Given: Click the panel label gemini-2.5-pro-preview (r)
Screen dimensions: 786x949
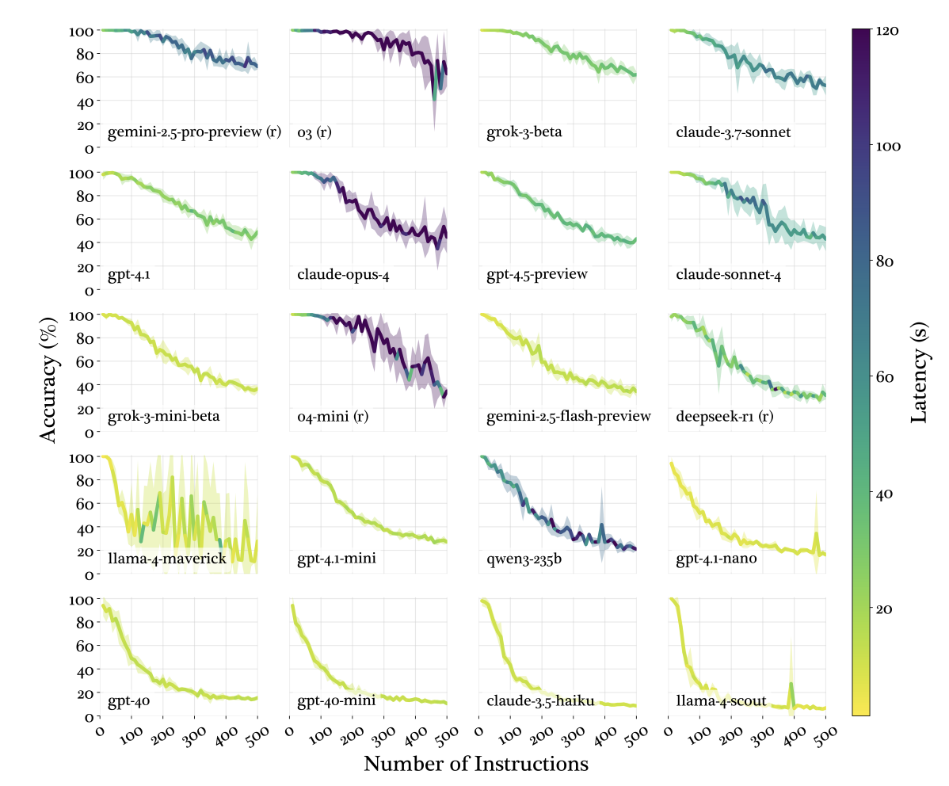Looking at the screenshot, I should click(x=194, y=132).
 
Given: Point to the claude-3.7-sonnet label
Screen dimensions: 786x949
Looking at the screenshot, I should click(x=733, y=132).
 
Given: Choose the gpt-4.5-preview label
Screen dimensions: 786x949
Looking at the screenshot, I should click(x=537, y=275).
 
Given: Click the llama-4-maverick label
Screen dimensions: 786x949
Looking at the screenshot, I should click(x=167, y=559).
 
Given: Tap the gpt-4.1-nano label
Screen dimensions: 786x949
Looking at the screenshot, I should click(x=716, y=559).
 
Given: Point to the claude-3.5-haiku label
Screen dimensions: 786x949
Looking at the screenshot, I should click(x=535, y=700).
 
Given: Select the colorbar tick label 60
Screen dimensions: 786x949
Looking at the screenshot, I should click(x=885, y=377).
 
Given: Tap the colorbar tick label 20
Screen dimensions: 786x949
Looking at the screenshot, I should click(x=885, y=609).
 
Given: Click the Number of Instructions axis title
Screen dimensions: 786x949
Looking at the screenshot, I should click(x=476, y=765).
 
